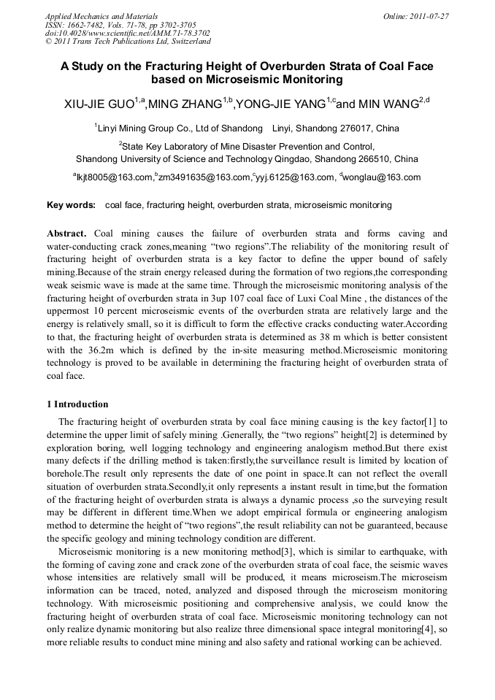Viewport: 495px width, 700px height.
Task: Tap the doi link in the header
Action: pyautogui.click(x=127, y=33)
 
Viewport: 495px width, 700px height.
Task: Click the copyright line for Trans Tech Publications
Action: pyautogui.click(x=128, y=42)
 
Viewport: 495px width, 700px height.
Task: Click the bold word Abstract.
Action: pyautogui.click(x=66, y=234)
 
